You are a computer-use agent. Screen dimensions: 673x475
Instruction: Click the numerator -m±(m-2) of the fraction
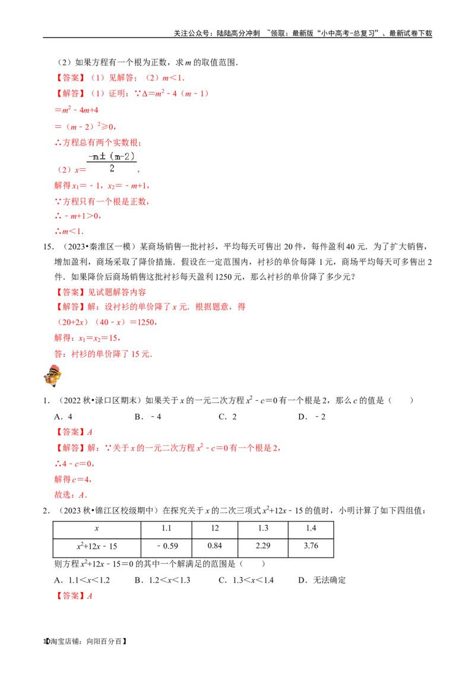pyautogui.click(x=112, y=156)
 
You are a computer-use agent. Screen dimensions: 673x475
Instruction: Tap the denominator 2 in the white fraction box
pyautogui.click(x=112, y=169)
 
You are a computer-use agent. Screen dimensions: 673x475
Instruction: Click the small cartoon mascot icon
pyautogui.click(x=52, y=375)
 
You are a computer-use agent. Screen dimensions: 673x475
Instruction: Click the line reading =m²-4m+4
pyautogui.click(x=76, y=110)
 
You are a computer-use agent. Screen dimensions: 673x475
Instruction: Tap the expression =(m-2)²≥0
pyautogui.click(x=85, y=127)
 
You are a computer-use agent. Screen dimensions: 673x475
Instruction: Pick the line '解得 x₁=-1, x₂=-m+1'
pyautogui.click(x=102, y=186)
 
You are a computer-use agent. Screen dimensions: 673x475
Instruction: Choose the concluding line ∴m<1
pyautogui.click(x=69, y=232)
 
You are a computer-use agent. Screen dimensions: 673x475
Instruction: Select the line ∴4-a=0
pyautogui.click(x=74, y=463)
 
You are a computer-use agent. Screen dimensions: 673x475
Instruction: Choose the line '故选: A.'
pyautogui.click(x=71, y=494)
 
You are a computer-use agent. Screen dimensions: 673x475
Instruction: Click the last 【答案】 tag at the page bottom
pyautogui.click(x=71, y=596)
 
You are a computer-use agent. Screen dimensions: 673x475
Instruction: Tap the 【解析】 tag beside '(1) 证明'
pyautogui.click(x=71, y=94)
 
